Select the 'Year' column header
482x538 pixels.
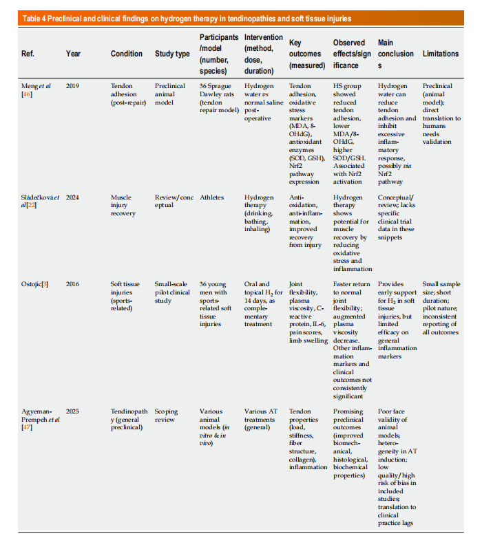click(73, 54)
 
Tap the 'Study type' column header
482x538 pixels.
click(172, 54)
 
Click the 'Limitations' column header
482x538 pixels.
click(441, 54)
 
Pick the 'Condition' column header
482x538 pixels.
click(127, 54)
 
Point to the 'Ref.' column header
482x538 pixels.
click(28, 54)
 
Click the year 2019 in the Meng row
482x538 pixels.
click(73, 86)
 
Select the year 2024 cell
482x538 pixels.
click(73, 197)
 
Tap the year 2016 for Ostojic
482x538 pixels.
click(73, 283)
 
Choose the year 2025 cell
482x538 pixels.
click(73, 411)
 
